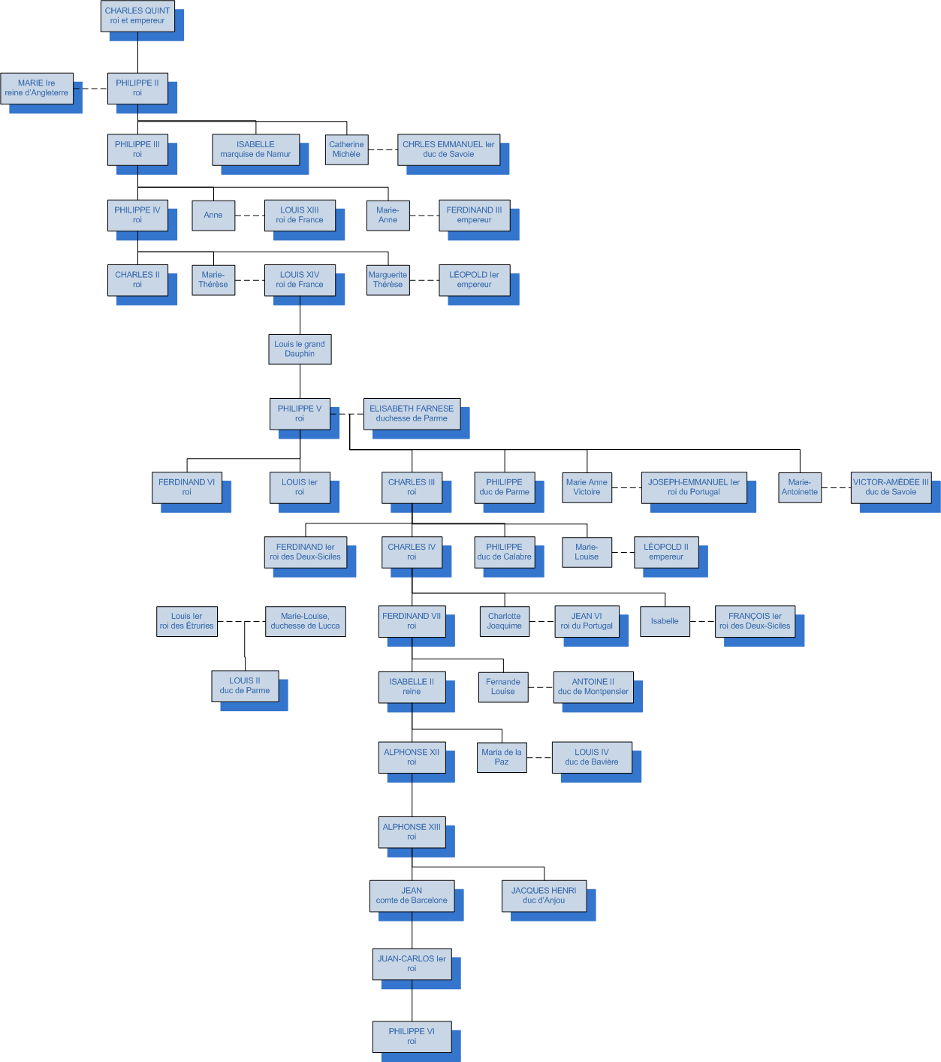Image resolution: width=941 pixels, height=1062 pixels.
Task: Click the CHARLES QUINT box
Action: click(137, 16)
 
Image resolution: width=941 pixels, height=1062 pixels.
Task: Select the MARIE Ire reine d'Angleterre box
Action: click(37, 88)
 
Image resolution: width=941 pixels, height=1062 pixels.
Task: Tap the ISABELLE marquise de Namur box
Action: click(255, 149)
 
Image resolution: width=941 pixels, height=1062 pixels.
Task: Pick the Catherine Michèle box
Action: click(346, 149)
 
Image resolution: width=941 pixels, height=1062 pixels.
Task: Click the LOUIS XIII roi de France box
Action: click(300, 215)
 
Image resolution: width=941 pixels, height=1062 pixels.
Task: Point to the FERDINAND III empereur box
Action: click(474, 215)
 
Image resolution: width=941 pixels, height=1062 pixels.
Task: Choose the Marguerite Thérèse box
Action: click(388, 279)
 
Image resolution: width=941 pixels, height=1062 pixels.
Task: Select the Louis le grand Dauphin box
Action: click(300, 349)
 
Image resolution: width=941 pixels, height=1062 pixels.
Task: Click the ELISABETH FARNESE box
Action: click(412, 414)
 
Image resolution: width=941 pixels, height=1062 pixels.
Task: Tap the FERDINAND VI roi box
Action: click(186, 487)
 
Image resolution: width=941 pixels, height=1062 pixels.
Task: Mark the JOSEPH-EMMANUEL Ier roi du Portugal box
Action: click(693, 487)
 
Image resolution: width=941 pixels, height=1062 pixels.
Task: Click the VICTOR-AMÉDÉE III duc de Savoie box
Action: click(891, 487)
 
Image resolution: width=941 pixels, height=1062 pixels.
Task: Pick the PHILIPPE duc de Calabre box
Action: click(504, 552)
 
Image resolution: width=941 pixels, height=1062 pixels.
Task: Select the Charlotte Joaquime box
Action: click(504, 621)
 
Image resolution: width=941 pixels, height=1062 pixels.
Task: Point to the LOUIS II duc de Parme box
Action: click(245, 686)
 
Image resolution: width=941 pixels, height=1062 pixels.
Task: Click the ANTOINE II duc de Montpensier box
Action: click(593, 687)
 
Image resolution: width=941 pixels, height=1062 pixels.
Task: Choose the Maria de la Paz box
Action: click(502, 757)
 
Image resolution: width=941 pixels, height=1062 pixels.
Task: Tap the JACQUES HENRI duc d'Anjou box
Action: click(544, 895)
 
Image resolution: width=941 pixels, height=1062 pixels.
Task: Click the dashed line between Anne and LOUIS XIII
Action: click(249, 216)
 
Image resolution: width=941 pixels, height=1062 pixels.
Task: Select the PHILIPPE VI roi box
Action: click(412, 1036)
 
